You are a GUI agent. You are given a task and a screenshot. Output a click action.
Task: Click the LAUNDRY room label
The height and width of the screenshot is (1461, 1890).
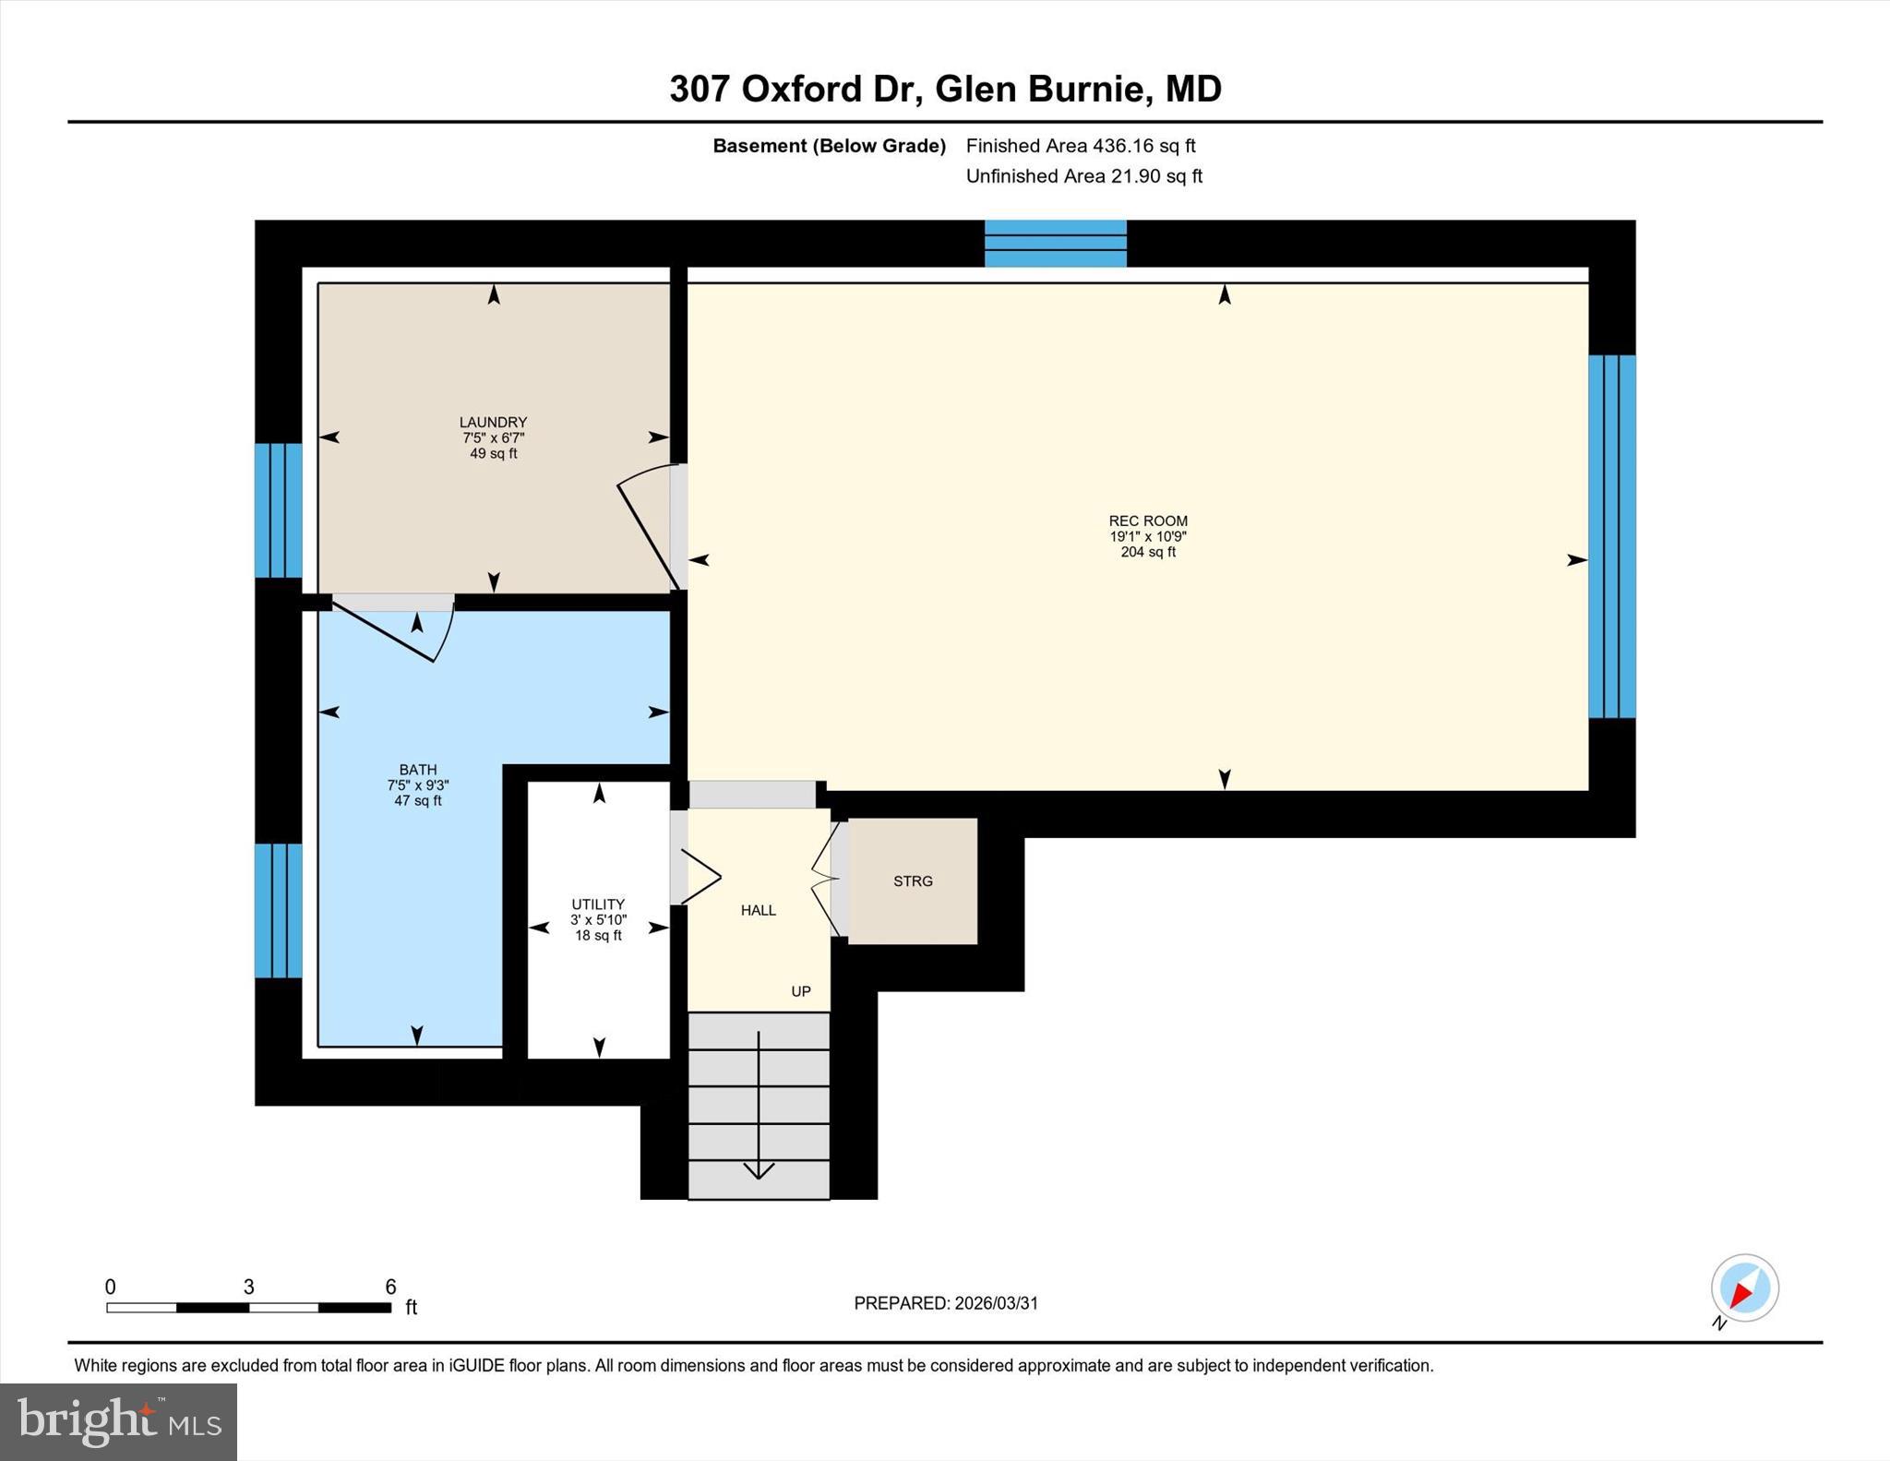pyautogui.click(x=493, y=423)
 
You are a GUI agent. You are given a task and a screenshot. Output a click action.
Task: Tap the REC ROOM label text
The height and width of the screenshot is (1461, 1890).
pyautogui.click(x=1148, y=521)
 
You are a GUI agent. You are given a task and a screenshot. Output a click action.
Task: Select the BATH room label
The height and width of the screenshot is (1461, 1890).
pyautogui.click(x=418, y=770)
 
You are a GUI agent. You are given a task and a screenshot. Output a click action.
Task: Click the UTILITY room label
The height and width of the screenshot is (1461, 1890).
pyautogui.click(x=598, y=904)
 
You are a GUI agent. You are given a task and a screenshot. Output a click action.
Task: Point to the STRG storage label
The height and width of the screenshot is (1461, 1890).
pyautogui.click(x=913, y=881)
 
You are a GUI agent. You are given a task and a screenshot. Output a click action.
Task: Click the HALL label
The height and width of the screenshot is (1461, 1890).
pyautogui.click(x=759, y=911)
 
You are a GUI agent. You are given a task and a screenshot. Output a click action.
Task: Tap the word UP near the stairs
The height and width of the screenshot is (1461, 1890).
pyautogui.click(x=801, y=991)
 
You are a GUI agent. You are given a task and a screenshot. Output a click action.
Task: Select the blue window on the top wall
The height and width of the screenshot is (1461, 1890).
pyautogui.click(x=1055, y=244)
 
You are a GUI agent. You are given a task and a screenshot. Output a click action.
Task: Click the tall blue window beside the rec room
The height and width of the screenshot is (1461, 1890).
pyautogui.click(x=1611, y=536)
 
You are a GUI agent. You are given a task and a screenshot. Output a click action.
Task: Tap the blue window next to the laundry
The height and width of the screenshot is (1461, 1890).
pyautogui.click(x=278, y=510)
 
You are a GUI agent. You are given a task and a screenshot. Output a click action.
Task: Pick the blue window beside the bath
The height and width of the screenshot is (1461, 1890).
pyautogui.click(x=278, y=910)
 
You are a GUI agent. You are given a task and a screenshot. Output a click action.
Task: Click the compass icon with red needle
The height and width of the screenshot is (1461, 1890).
pyautogui.click(x=1744, y=1288)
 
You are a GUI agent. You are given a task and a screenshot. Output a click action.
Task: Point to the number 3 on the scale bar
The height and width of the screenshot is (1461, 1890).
pyautogui.click(x=248, y=1287)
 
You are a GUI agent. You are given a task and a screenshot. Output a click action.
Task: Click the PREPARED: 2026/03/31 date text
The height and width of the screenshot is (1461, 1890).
pyautogui.click(x=946, y=1303)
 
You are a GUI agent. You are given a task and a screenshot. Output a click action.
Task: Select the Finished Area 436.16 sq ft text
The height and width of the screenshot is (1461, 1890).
pyautogui.click(x=1080, y=146)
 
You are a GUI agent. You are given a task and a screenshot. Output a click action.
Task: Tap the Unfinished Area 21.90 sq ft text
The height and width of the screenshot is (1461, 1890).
pyautogui.click(x=1083, y=176)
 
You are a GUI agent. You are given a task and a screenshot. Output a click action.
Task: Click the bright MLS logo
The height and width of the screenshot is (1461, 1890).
pyautogui.click(x=118, y=1421)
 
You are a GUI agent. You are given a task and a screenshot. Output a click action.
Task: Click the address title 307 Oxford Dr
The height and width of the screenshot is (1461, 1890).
pyautogui.click(x=945, y=90)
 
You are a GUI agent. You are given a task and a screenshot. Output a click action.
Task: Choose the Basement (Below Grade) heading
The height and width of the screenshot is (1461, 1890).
pyautogui.click(x=829, y=146)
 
